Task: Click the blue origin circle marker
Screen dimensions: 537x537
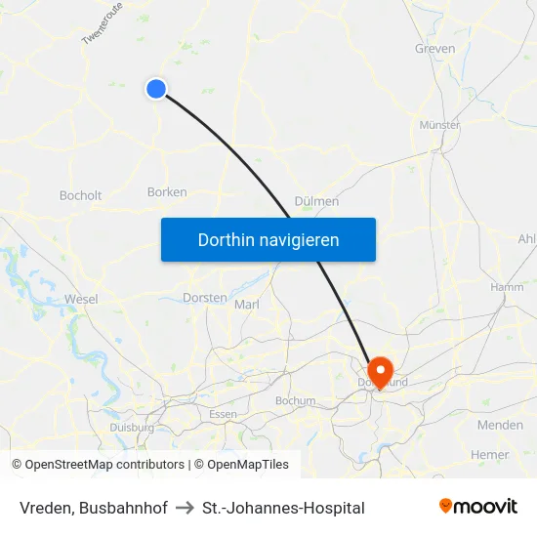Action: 156,89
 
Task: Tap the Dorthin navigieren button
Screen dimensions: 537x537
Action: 268,239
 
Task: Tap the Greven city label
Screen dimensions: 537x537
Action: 434,48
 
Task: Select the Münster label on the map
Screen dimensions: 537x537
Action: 439,125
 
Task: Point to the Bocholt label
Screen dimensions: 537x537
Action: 80,195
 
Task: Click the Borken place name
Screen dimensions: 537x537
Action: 167,192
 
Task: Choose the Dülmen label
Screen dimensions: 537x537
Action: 316,201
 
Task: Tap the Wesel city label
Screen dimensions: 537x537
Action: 81,299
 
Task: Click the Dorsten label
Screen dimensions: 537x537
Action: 205,297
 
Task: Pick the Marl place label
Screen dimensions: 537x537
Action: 247,305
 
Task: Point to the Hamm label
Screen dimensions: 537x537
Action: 507,287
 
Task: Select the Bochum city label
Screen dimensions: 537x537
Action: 296,400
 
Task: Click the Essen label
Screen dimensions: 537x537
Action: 223,414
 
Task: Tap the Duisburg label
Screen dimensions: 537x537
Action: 132,428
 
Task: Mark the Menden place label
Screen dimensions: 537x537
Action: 500,425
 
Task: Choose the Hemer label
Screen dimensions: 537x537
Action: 489,454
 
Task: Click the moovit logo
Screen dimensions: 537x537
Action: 478,507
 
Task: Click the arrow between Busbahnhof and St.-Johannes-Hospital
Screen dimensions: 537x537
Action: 185,508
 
